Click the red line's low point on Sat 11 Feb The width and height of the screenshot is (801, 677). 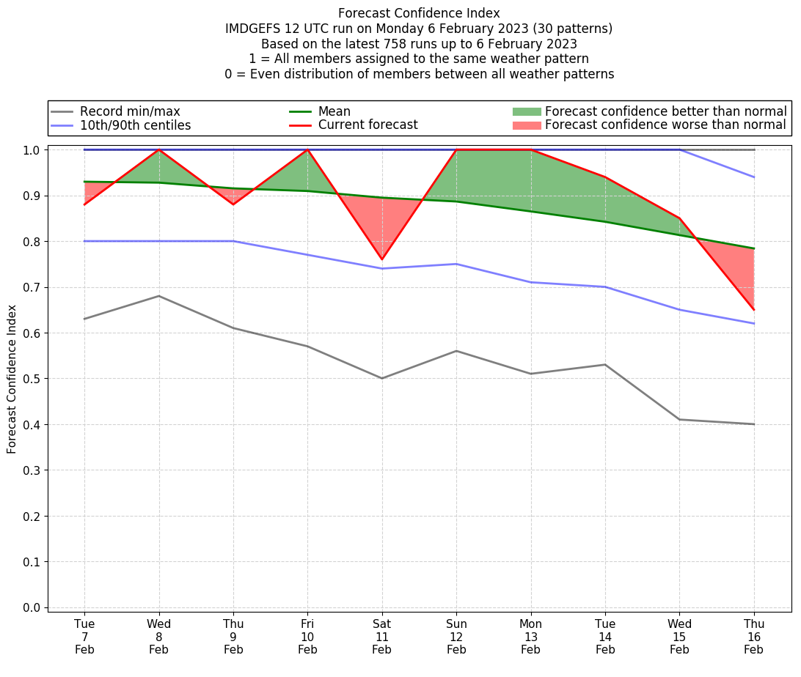pos(382,259)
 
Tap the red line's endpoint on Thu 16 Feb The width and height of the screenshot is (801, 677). pos(754,310)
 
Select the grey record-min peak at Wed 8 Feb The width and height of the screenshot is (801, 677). pos(159,296)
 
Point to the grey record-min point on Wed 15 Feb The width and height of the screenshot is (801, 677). pos(680,419)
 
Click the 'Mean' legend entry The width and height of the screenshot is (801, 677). pos(334,111)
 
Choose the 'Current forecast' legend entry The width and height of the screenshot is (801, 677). pos(367,125)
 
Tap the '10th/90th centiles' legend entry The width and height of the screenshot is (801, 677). pos(135,125)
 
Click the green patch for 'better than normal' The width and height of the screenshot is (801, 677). pos(527,111)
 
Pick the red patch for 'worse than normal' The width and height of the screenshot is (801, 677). pos(527,125)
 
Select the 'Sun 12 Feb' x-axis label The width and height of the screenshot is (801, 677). pos(456,636)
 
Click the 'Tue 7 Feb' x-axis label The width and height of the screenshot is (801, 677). pos(84,636)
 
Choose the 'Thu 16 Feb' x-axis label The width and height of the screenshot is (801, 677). pos(754,636)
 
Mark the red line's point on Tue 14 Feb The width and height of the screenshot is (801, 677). pos(605,177)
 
